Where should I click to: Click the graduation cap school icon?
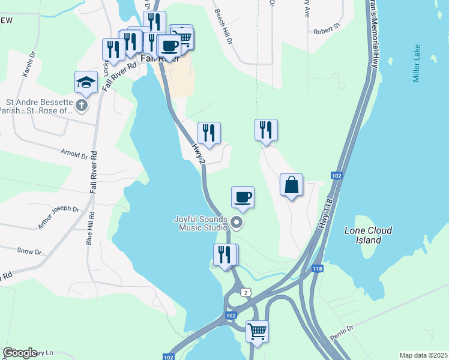point(86,82)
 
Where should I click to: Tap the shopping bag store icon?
point(291,185)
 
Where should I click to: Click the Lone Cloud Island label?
point(368,235)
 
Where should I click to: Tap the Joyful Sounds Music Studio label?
point(200,223)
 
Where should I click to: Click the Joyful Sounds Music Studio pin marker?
point(237,224)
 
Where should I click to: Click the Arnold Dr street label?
point(74,154)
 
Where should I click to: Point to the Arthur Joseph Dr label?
point(58,217)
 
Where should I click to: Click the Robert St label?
point(327,28)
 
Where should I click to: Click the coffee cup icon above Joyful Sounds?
point(243,197)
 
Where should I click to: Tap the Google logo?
point(20,353)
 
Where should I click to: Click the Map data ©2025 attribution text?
point(423,355)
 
